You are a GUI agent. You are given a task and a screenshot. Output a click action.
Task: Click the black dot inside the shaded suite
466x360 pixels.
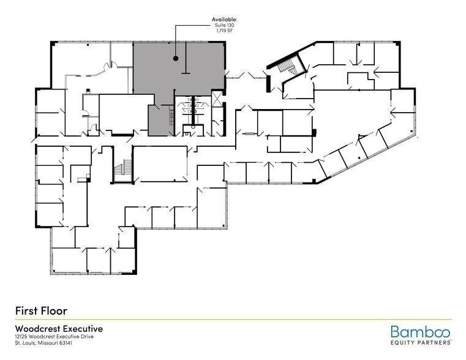click(176, 59)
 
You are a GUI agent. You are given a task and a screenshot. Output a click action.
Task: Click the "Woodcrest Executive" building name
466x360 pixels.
click(58, 328)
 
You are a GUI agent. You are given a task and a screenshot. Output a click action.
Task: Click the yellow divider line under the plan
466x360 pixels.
click(233, 319)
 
